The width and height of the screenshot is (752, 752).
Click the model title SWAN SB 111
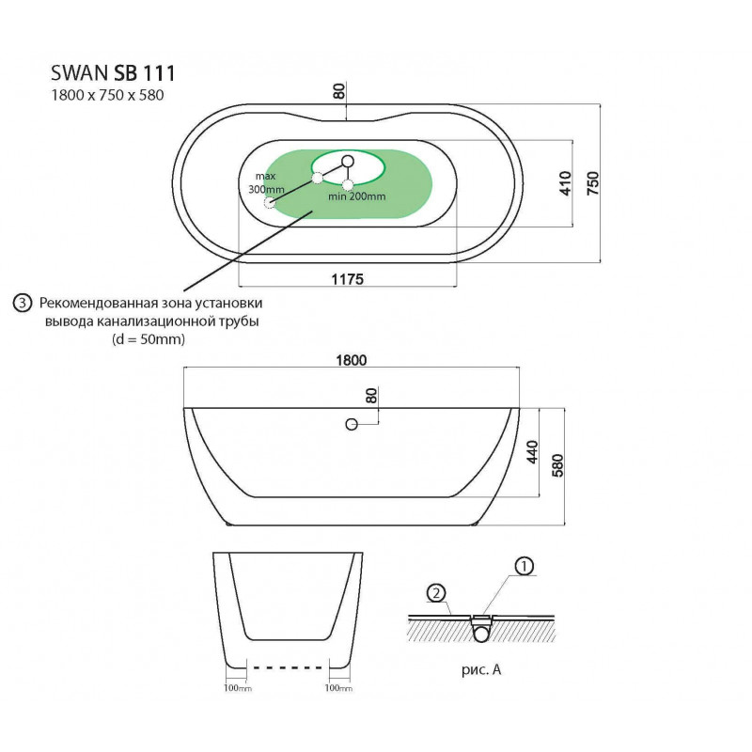click(x=113, y=73)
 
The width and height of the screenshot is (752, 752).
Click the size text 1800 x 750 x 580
click(x=107, y=96)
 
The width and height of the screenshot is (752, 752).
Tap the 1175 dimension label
click(x=348, y=279)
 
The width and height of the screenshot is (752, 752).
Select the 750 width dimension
click(x=593, y=182)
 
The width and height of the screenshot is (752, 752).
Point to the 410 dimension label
click(x=566, y=183)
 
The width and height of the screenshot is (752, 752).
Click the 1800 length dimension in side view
click(x=351, y=360)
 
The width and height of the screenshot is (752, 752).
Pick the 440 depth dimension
click(x=532, y=452)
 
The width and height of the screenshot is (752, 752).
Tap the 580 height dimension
click(x=557, y=465)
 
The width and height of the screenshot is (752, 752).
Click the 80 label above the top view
click(x=339, y=91)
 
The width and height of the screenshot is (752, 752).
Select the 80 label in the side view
click(x=371, y=396)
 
